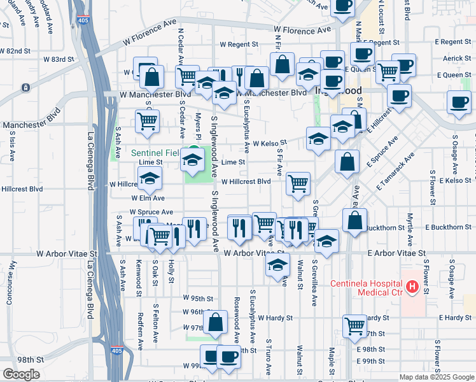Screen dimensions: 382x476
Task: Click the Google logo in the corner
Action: pyautogui.click(x=21, y=374)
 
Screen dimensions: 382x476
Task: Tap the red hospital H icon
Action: pyautogui.click(x=412, y=288)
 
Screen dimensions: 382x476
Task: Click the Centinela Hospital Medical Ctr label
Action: pyautogui.click(x=366, y=288)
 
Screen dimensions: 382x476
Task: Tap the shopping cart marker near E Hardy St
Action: pyautogui.click(x=355, y=326)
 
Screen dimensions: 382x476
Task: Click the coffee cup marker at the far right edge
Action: pyautogui.click(x=458, y=102)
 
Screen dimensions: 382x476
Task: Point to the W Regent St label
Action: pyautogui.click(x=239, y=45)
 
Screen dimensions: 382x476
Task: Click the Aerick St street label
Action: pyautogui.click(x=456, y=59)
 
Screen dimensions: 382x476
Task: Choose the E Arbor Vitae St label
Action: pyautogui.click(x=396, y=253)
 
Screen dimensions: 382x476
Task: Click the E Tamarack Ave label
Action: pyautogui.click(x=395, y=172)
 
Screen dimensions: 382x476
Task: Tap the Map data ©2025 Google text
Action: pyautogui.click(x=436, y=377)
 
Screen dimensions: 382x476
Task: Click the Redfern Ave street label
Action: pyautogui.click(x=141, y=331)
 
